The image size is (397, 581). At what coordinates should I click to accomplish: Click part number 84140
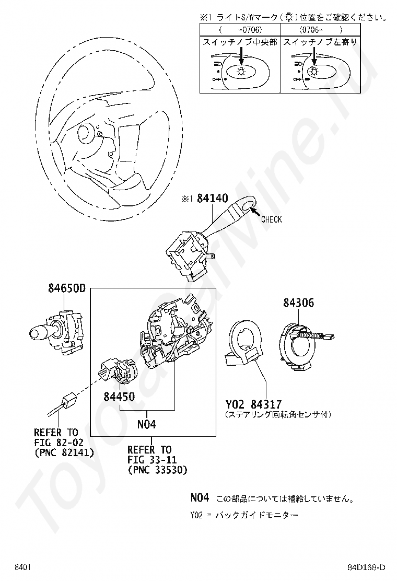213,199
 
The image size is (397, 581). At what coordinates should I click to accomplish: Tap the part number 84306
299,303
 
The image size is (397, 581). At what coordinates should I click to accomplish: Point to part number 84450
119,397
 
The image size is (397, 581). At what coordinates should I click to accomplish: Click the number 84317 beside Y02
266,404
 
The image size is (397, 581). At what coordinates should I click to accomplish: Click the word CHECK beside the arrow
271,219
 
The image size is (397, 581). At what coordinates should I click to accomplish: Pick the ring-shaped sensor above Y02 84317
246,342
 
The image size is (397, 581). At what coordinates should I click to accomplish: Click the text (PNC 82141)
64,452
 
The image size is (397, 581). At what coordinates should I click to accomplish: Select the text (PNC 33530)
157,470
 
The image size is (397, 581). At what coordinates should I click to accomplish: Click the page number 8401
24,567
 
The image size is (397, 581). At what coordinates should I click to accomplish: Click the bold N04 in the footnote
200,497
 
